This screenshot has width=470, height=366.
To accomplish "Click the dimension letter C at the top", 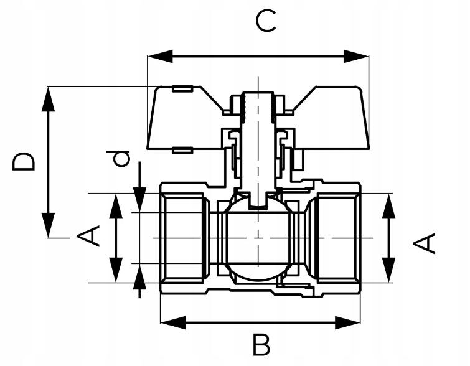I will tap(266, 22).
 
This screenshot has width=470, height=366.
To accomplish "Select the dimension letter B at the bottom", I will tap(261, 344).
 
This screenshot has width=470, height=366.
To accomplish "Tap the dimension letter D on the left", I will tap(24, 162).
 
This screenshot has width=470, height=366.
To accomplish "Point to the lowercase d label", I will tap(123, 158).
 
